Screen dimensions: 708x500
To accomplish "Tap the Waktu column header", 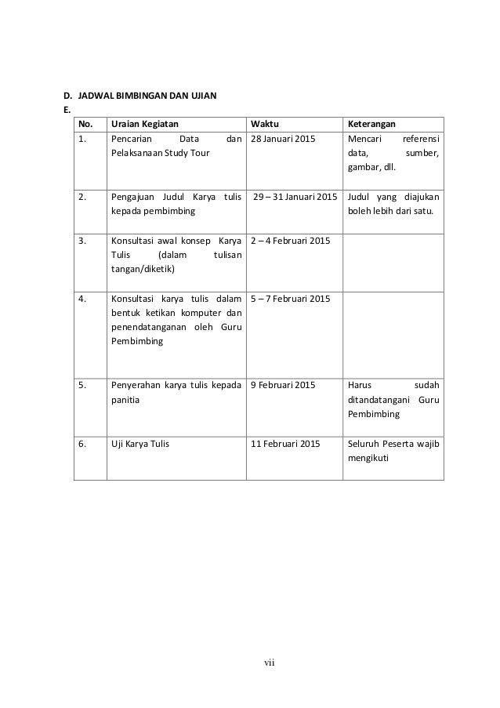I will point(263,124).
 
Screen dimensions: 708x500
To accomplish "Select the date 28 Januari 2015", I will point(283,138).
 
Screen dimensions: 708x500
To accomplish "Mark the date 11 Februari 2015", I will point(285,443).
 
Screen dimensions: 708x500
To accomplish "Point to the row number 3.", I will point(82,240).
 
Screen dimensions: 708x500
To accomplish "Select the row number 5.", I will point(82,385).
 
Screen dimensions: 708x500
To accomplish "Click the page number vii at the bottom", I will point(270,667).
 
